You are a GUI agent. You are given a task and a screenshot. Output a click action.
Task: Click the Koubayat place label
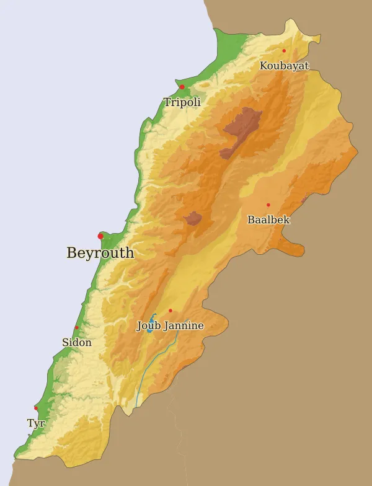tap(284, 66)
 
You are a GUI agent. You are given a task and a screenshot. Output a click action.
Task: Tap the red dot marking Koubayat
tap(284, 51)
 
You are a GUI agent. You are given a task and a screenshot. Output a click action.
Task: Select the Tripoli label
tap(182, 102)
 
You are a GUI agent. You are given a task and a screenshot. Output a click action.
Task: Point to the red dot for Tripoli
tap(182, 87)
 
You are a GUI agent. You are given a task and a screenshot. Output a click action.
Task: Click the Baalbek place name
tap(268, 219)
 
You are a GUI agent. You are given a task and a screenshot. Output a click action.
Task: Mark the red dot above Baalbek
tap(268, 205)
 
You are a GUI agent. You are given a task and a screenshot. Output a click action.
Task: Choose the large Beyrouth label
tap(100, 253)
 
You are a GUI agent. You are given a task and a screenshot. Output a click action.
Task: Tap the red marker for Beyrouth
tap(100, 236)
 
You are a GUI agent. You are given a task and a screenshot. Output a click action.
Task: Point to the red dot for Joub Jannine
tap(170, 311)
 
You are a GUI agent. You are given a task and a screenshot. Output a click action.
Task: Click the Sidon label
tap(76, 342)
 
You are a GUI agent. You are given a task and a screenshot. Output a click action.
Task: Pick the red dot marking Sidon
tap(76, 328)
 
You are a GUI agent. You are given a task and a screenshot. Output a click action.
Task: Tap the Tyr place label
tap(35, 423)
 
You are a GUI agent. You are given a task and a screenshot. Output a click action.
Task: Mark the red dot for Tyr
tap(36, 408)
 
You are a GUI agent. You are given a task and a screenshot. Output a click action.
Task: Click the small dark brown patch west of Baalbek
tap(193, 218)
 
